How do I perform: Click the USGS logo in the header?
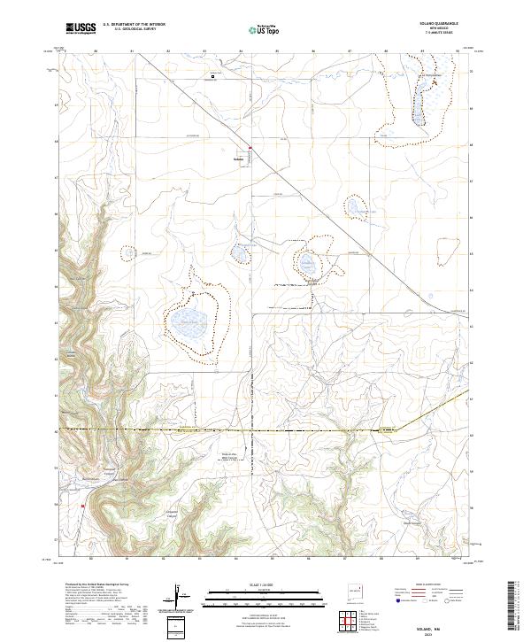pos(81,28)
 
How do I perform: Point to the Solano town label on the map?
pos(237,159)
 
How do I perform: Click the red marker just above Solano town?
pos(250,148)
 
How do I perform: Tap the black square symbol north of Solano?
pos(213,77)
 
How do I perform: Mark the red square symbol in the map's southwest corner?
pos(82,507)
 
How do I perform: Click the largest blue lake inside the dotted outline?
pos(191,321)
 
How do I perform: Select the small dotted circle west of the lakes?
pos(130,252)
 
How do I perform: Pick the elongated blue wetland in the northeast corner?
pos(414,105)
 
